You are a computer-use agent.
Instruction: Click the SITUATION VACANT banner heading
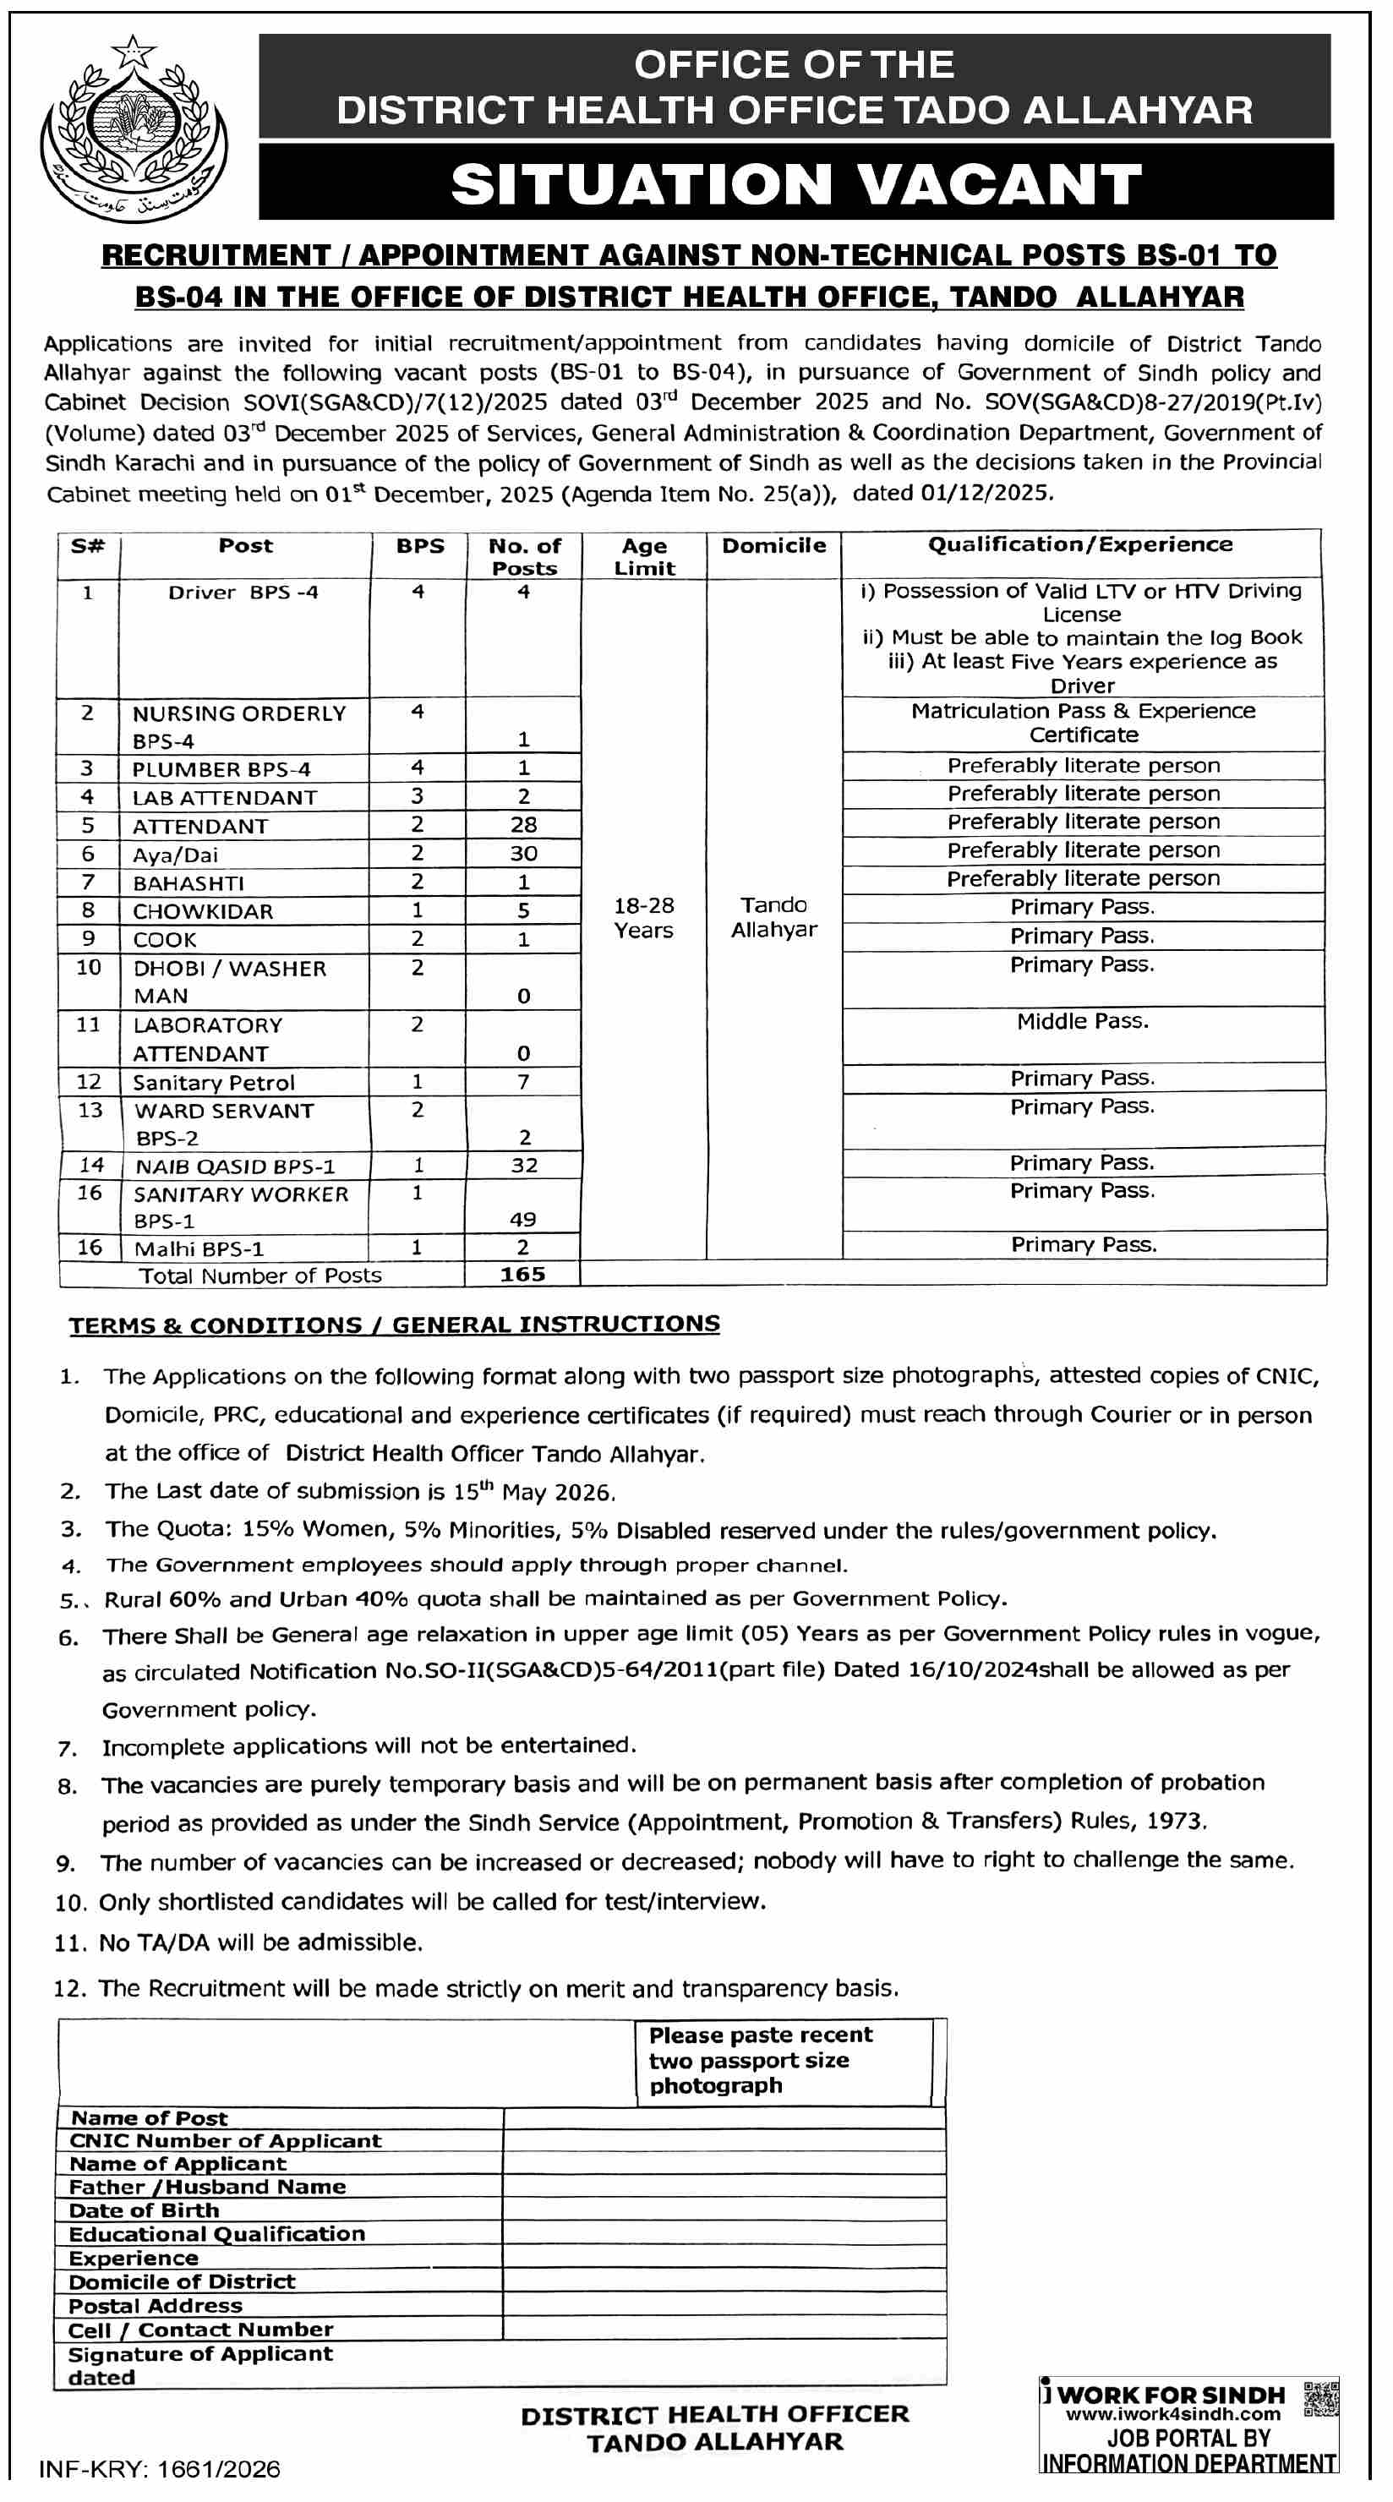(x=795, y=183)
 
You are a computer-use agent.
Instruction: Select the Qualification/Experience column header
(x=1080, y=545)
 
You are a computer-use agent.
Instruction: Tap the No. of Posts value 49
(x=522, y=1219)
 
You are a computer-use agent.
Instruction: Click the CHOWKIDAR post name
(x=203, y=911)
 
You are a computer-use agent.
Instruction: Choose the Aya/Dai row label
(x=175, y=855)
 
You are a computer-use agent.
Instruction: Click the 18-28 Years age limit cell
(x=643, y=918)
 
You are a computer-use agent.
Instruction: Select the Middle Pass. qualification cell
(x=1082, y=1021)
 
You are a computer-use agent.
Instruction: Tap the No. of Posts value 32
(x=523, y=1165)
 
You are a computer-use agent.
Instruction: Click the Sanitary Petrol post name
(x=214, y=1082)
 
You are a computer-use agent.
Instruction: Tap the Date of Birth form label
(x=144, y=2210)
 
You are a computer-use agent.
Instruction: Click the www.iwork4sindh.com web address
(x=1172, y=2415)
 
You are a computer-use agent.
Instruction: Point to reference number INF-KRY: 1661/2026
(x=159, y=2469)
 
